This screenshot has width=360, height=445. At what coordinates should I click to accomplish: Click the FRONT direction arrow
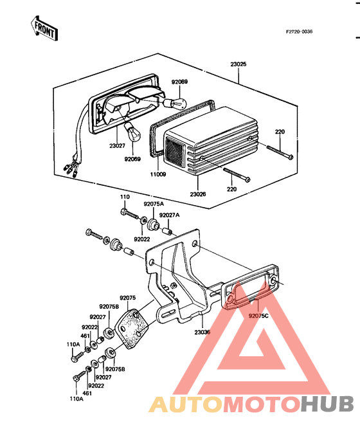coord(44,28)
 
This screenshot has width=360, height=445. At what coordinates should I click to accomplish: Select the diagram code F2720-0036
coord(299,32)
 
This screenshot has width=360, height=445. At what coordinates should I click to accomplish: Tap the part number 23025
coord(239,64)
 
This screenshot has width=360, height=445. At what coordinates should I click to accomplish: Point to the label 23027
coord(117,146)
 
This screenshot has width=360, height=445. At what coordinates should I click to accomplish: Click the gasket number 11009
coord(158,174)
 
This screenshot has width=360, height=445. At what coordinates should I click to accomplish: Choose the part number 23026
coord(198,194)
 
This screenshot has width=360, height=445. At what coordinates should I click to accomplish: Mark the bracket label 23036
coord(203,332)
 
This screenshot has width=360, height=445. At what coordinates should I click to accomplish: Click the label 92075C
coord(258,316)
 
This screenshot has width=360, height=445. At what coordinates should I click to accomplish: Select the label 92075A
coord(154,204)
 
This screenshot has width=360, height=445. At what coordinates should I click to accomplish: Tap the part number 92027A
coord(169,215)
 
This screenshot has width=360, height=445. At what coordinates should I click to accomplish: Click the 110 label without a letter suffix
coord(125,197)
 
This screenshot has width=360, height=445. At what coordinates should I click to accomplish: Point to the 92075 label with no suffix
coord(128,298)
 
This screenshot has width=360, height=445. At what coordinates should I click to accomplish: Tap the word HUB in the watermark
coord(327,404)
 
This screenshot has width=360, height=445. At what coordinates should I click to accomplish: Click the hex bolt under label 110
coord(129,213)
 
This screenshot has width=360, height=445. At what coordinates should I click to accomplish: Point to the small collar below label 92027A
coord(167,231)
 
